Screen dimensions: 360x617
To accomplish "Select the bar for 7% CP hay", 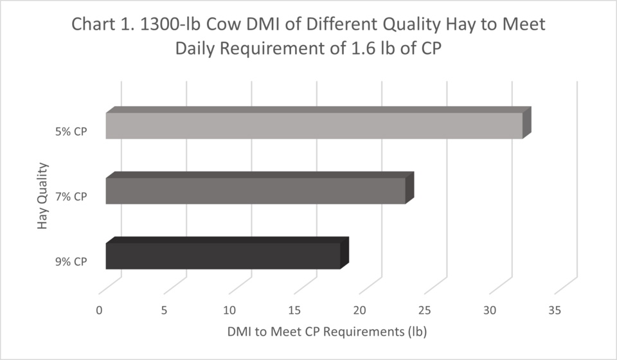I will tap(255, 191).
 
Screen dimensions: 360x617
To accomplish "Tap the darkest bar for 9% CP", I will tap(222, 256).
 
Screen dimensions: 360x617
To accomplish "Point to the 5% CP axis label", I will tap(71, 132).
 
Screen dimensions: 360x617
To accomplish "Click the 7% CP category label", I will tap(71, 197).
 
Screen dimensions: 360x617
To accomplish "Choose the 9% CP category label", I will tap(71, 262).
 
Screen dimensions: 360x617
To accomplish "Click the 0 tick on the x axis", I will tap(100, 310).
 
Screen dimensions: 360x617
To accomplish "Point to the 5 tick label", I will tap(165, 310).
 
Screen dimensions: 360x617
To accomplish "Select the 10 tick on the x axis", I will tap(229, 310).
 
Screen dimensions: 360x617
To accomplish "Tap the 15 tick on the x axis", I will tap(295, 310).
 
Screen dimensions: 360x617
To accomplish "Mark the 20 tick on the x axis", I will tap(360, 310).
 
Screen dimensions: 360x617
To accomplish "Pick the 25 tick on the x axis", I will tap(425, 310).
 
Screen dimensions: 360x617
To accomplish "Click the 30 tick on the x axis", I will tap(490, 310).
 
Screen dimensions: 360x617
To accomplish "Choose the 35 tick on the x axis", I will tap(555, 310).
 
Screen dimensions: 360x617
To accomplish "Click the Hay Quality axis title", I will tap(43, 196).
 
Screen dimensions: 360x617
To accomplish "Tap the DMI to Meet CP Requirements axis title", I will tap(327, 333).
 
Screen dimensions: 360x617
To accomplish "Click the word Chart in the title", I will tap(90, 25).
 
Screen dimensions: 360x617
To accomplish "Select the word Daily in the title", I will tap(200, 50).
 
